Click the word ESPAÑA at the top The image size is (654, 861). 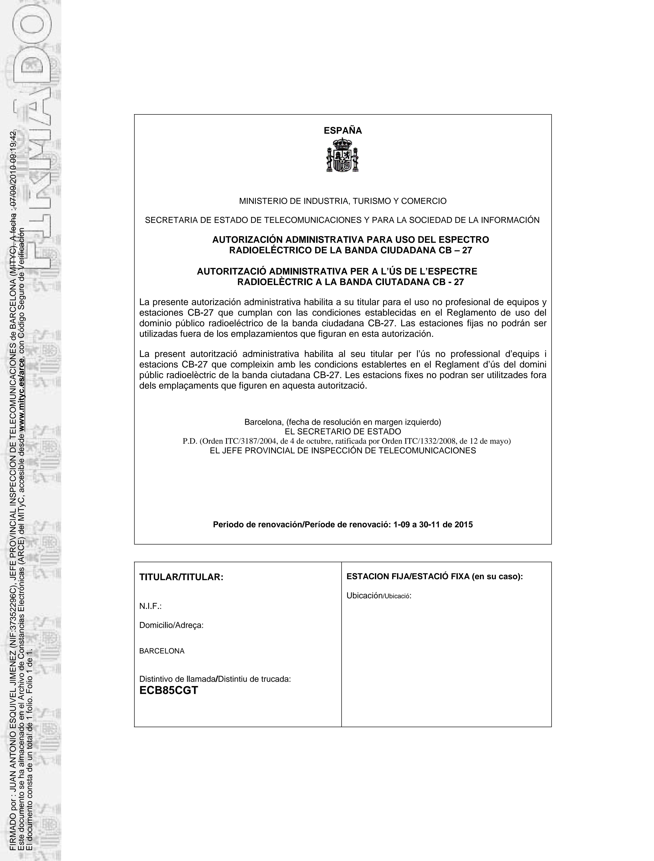coord(343,131)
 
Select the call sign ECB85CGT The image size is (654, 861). coord(169,690)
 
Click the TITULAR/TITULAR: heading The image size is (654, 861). coord(181,577)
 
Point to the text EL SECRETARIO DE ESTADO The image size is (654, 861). coord(343,432)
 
